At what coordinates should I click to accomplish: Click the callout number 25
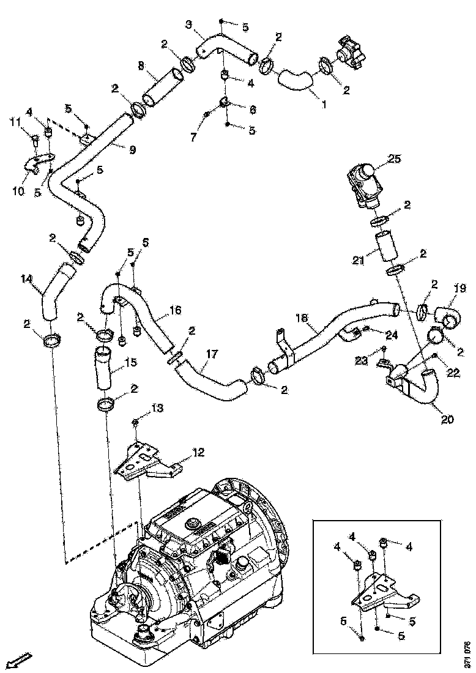394,160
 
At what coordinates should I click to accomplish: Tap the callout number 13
158,408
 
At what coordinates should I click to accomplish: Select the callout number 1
324,103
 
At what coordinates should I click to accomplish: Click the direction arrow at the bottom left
22,660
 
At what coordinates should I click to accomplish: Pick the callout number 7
193,137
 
